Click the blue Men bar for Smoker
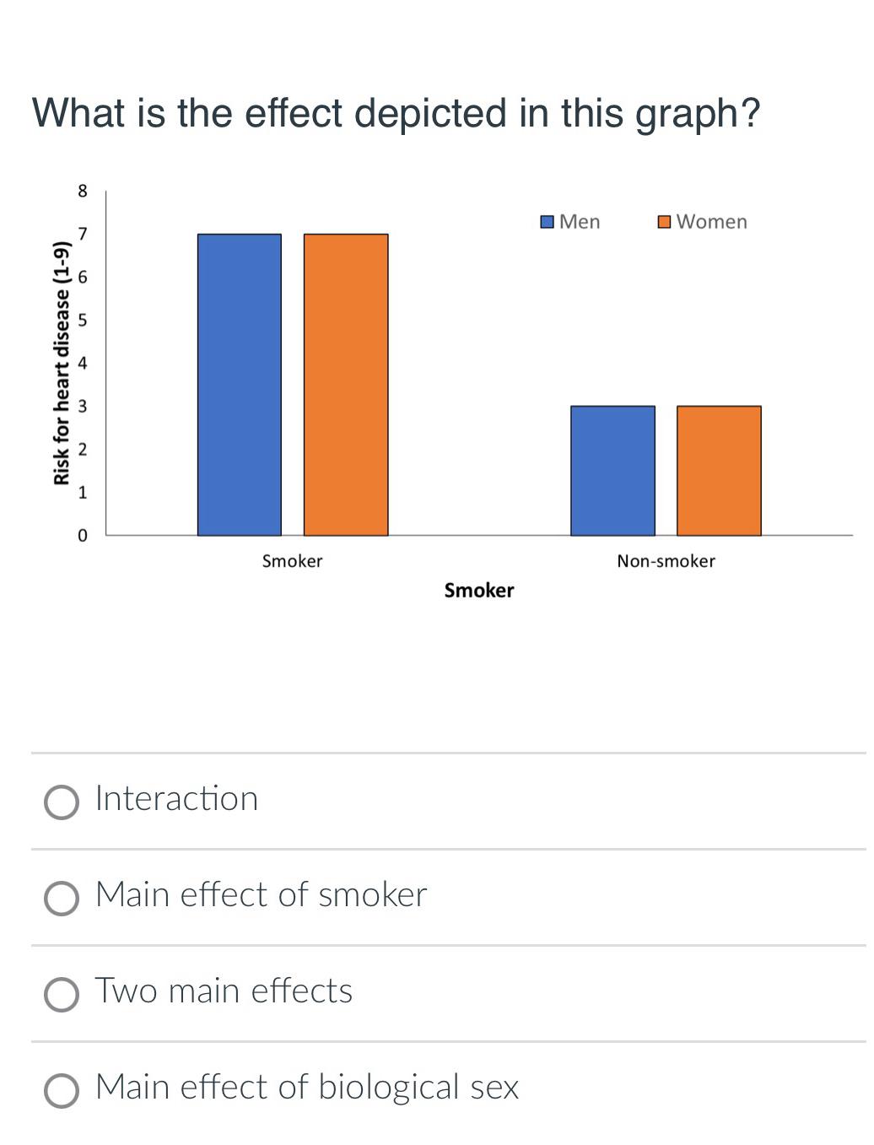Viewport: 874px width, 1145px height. pos(239,385)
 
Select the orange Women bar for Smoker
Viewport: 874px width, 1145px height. pos(346,385)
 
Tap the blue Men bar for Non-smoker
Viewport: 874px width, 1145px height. pos(612,471)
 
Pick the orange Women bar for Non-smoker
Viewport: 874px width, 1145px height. pos(719,471)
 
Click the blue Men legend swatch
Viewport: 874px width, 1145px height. pos(547,222)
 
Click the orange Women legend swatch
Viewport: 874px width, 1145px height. pos(664,222)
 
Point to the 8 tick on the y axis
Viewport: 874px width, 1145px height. pos(82,191)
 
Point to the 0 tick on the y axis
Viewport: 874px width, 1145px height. pos(82,536)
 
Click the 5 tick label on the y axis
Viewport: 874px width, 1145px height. pos(82,321)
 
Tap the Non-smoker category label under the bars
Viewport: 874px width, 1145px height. pos(666,561)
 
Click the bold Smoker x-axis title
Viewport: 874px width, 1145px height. pos(478,591)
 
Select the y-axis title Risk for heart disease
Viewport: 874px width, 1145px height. pos(61,363)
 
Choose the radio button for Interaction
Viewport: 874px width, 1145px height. pos(62,802)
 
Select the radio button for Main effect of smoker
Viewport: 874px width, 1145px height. pos(62,899)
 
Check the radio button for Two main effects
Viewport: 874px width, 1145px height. pos(62,995)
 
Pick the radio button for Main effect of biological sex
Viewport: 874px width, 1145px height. pos(62,1091)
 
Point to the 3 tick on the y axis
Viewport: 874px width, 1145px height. pos(82,407)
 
